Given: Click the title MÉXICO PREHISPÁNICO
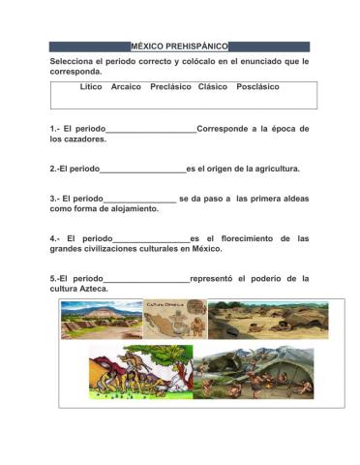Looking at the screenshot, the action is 180,46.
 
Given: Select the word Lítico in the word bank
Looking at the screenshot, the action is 92,87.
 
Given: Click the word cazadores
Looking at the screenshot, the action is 86,139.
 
